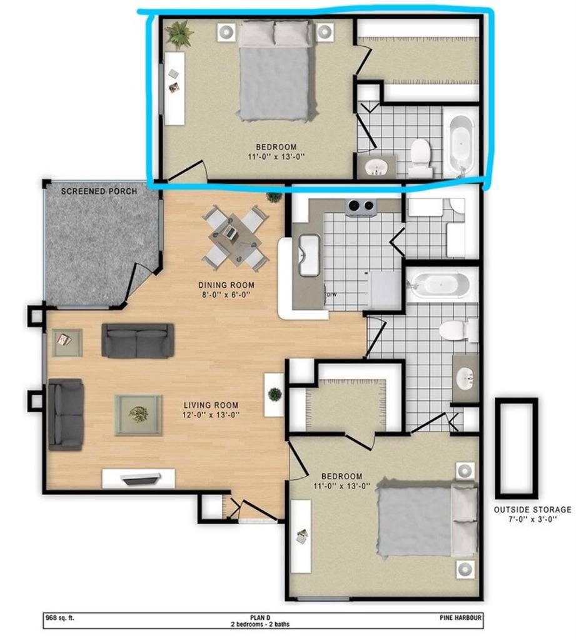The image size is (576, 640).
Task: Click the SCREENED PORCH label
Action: point(99,191)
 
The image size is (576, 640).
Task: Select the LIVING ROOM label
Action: point(203,405)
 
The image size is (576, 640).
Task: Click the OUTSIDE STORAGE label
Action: point(532,509)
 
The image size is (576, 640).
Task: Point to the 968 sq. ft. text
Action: point(60,617)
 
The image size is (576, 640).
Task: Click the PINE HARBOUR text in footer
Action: point(460,617)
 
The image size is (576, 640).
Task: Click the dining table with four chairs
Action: point(235,237)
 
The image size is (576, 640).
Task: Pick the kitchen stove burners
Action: point(361,206)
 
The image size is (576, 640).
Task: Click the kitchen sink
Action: point(309,255)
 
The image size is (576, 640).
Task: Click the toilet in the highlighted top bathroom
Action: point(420,156)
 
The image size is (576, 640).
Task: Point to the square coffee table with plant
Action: point(138,414)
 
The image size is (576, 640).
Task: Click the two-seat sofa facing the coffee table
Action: point(138,341)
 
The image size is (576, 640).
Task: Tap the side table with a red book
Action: point(66,342)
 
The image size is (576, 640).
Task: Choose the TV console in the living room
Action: point(139,479)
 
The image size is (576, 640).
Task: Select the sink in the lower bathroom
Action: point(464,378)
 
